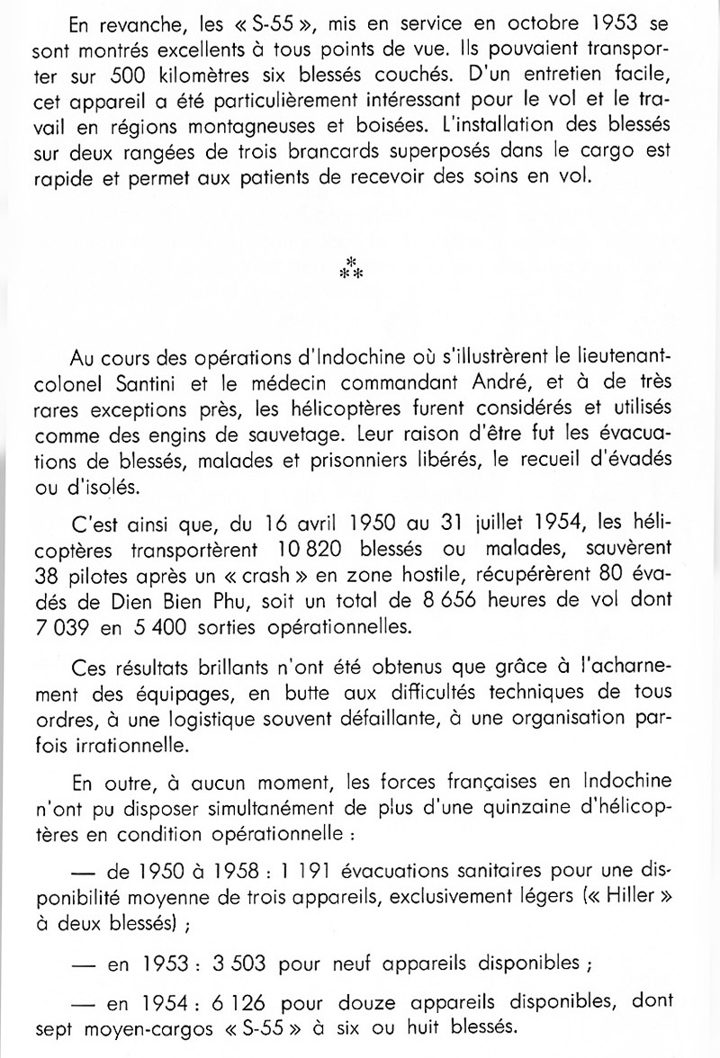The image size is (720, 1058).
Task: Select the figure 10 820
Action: [352, 550]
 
